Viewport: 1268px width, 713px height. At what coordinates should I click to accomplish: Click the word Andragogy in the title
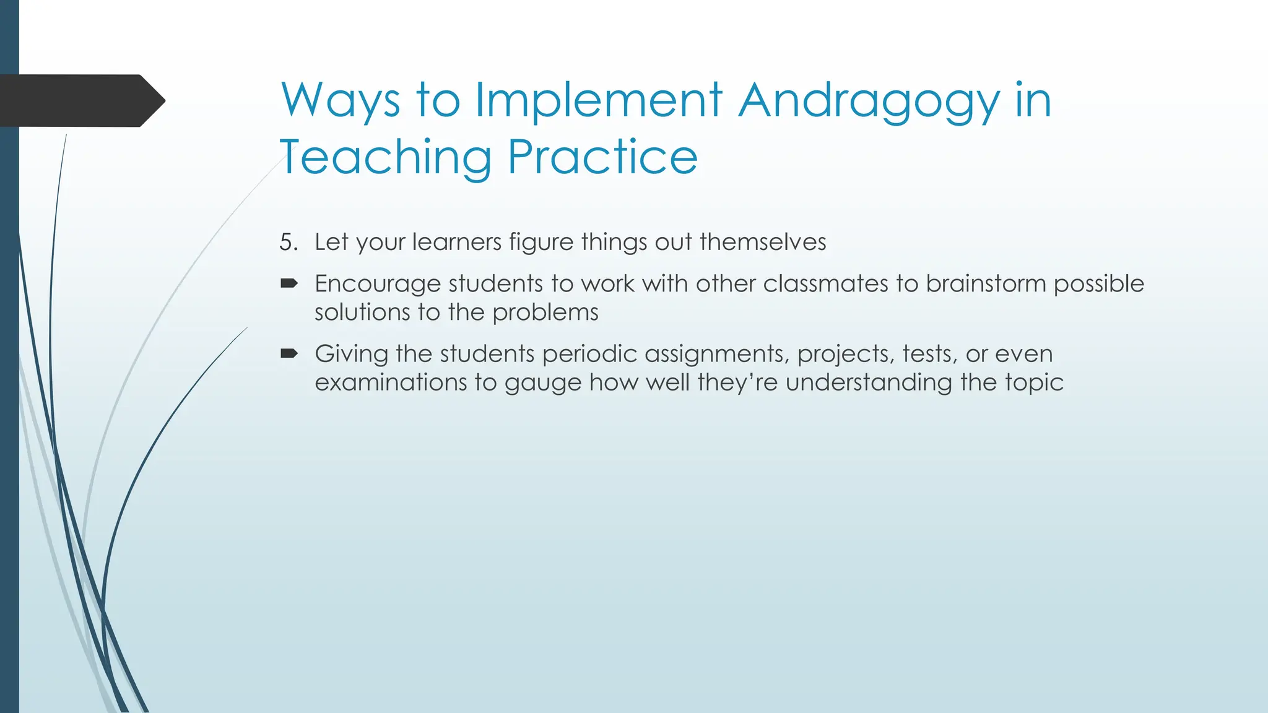coord(869,101)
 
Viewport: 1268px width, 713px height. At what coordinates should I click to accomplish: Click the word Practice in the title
coord(602,157)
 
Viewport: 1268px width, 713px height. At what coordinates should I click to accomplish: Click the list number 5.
coord(288,242)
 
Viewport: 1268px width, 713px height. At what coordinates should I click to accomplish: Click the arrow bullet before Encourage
coord(289,283)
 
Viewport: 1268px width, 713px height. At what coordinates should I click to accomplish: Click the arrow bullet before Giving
coord(289,354)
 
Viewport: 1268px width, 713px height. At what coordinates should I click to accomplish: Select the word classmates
coord(825,283)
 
